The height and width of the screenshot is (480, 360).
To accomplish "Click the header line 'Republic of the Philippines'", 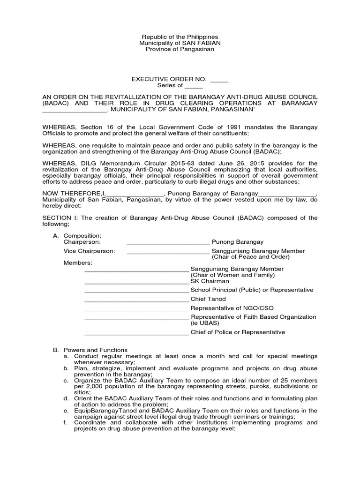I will pyautogui.click(x=180, y=37).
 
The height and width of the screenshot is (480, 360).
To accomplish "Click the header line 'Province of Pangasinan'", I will pyautogui.click(x=180, y=49).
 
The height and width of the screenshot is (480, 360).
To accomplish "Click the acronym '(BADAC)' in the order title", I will pyautogui.click(x=56, y=103).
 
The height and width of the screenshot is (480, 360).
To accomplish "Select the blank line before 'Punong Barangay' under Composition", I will pyautogui.click(x=168, y=242).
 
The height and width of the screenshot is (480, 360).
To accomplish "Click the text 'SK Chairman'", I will pyautogui.click(x=210, y=281).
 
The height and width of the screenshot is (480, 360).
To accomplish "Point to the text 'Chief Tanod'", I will pyautogui.click(x=208, y=299).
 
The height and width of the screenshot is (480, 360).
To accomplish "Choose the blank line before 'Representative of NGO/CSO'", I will pyautogui.click(x=136, y=308).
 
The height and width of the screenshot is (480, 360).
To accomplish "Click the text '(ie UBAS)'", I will pyautogui.click(x=204, y=323).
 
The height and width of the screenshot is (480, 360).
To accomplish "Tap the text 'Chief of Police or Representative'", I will pyautogui.click(x=237, y=332).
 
